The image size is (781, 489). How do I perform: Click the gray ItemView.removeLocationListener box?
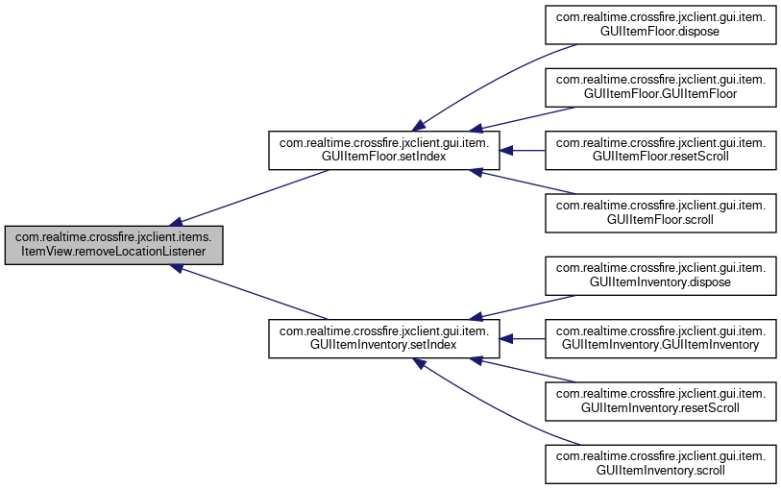click(113, 245)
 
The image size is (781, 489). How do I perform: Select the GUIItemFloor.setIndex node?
click(384, 151)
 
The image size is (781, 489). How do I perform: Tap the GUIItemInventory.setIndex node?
click(384, 338)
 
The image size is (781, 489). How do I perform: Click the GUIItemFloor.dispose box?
click(661, 25)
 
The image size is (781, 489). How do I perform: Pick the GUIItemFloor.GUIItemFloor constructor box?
click(661, 87)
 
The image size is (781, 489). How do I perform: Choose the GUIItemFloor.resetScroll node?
click(661, 151)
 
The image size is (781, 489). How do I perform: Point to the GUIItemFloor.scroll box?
click(661, 213)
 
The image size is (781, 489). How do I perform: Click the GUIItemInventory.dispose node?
click(661, 276)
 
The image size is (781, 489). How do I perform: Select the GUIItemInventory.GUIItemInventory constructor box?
click(661, 338)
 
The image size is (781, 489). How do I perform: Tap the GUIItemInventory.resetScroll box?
click(661, 402)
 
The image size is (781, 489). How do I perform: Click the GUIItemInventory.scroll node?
click(661, 464)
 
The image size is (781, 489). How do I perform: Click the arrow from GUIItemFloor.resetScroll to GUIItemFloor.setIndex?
click(522, 151)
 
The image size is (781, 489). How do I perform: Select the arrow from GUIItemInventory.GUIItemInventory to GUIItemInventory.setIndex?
click(522, 338)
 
